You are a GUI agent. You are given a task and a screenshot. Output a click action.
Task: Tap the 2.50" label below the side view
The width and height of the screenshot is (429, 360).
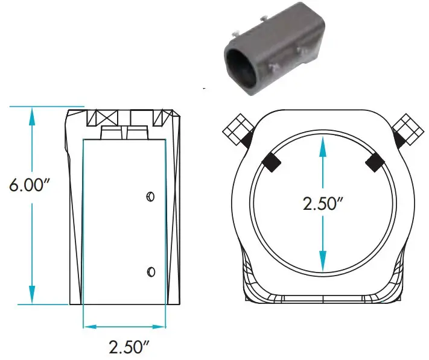coord(129,347)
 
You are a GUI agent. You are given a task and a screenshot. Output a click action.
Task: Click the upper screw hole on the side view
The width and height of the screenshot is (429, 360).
coord(151,196)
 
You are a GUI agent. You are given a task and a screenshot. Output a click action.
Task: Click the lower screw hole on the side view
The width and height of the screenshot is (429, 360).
coord(151,271)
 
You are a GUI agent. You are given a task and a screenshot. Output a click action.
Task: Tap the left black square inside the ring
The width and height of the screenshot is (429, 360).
coord(271,161)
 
